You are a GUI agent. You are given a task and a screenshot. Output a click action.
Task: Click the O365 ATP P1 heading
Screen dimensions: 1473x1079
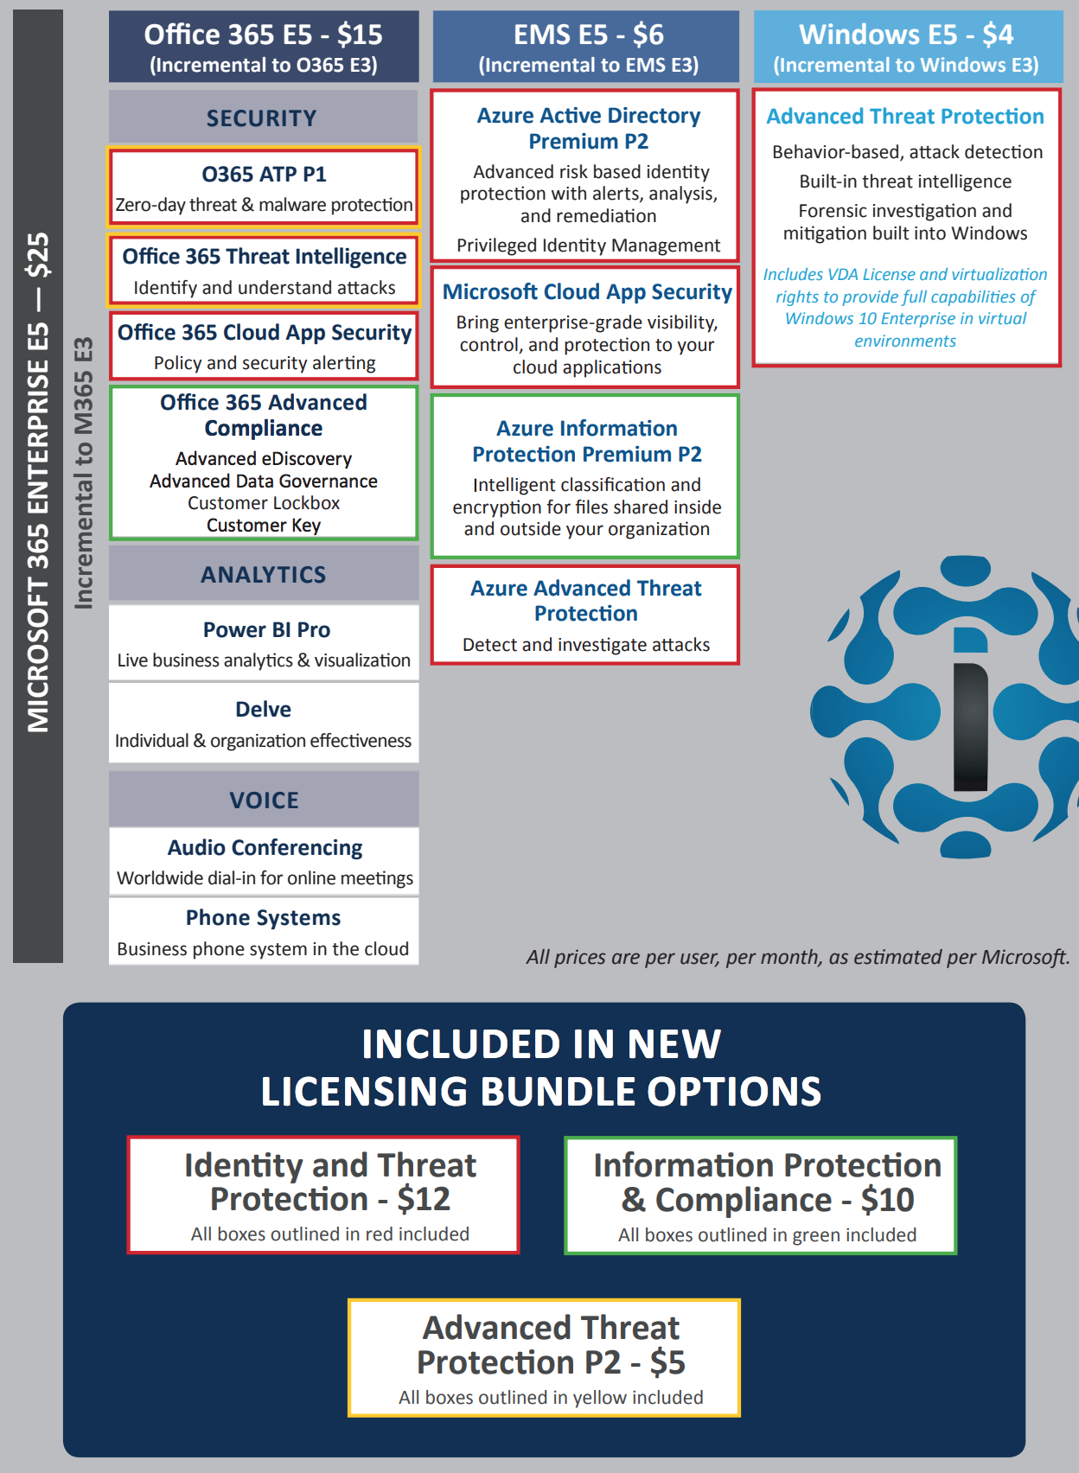(x=264, y=175)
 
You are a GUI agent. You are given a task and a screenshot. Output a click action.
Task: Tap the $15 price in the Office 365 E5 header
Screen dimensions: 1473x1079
(x=360, y=35)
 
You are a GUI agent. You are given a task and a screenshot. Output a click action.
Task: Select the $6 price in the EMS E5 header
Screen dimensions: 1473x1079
(x=648, y=35)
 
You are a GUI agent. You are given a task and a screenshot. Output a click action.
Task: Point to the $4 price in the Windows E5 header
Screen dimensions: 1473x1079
(x=998, y=35)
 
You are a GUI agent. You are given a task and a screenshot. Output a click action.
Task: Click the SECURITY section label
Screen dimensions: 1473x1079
(x=262, y=118)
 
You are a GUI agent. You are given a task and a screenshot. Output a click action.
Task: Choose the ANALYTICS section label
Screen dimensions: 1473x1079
(x=264, y=575)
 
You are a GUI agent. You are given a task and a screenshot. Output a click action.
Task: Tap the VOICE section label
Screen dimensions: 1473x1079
(x=264, y=800)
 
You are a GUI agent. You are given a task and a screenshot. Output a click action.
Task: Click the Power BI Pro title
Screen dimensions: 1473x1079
(x=266, y=630)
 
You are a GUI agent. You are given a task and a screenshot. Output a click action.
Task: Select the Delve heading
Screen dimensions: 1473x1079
(x=264, y=710)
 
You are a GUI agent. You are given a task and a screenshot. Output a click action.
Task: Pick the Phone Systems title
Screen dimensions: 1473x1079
(x=264, y=918)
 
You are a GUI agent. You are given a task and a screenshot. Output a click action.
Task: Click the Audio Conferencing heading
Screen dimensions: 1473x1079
(x=265, y=848)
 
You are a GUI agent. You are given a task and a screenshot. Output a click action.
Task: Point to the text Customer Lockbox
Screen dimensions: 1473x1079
(x=264, y=503)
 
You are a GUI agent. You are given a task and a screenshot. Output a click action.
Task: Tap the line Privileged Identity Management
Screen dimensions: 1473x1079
(x=588, y=245)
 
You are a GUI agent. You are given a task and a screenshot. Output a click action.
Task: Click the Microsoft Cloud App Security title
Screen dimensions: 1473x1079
(x=587, y=292)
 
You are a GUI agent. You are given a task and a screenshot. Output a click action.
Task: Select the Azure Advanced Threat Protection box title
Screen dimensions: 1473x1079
(x=585, y=601)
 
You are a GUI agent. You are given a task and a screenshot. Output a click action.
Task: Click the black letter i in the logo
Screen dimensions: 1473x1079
(x=970, y=726)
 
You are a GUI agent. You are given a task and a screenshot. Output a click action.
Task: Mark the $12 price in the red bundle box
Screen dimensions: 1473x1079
(x=424, y=1200)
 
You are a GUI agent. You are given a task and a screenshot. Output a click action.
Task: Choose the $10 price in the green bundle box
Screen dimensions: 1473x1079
(x=887, y=1200)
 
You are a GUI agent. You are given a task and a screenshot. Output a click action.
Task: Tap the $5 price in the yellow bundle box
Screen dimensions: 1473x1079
(x=667, y=1363)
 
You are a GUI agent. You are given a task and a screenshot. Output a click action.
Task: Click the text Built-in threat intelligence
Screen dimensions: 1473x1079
(x=905, y=182)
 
